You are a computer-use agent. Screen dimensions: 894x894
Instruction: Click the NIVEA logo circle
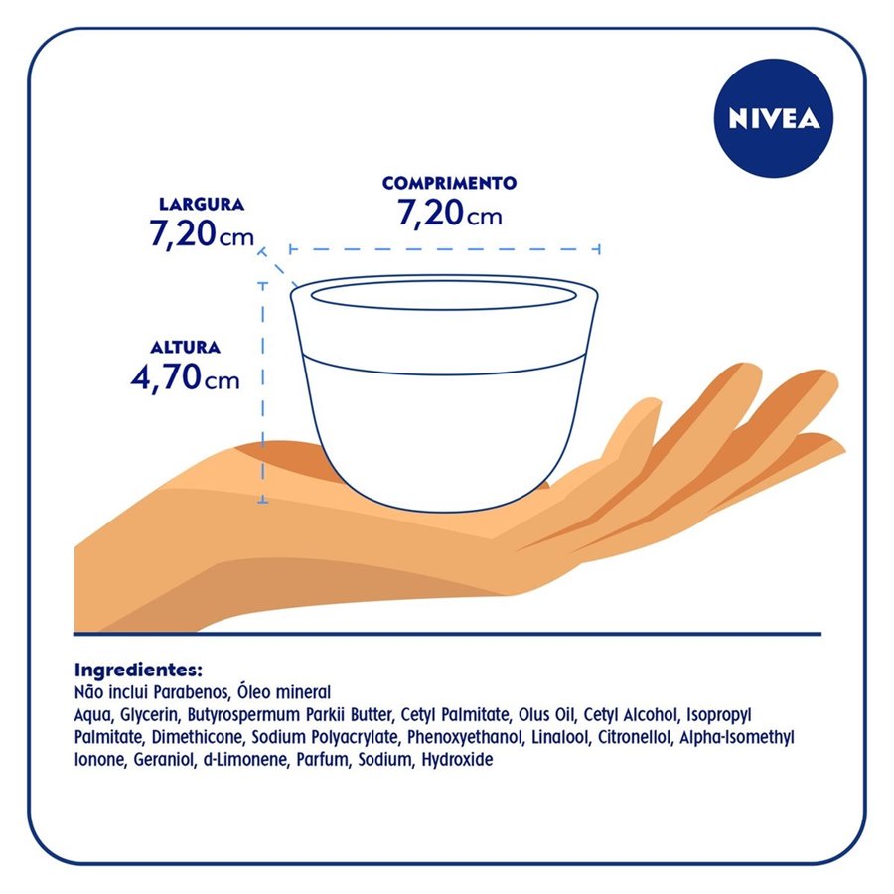click(773, 118)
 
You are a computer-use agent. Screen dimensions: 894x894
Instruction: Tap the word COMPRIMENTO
click(449, 183)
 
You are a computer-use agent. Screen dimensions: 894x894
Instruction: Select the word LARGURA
click(202, 204)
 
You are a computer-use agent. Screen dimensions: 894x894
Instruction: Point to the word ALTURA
click(186, 348)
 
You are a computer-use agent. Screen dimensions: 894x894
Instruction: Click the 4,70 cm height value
click(186, 377)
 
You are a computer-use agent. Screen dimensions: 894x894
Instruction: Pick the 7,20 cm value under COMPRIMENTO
click(449, 214)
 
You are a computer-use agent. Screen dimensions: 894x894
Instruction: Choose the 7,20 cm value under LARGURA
click(202, 234)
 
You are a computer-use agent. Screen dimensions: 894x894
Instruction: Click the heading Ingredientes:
click(138, 669)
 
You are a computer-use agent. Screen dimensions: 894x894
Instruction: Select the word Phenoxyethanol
click(465, 738)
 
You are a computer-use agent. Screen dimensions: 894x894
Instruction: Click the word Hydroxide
click(457, 760)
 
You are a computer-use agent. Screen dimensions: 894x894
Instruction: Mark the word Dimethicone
click(197, 737)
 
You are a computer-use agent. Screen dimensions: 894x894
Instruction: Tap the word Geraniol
click(164, 760)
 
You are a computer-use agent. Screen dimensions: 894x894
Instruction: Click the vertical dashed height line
click(263, 392)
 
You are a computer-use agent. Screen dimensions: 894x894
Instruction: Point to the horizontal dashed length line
click(444, 249)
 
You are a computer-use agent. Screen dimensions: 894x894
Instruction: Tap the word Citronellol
click(634, 737)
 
